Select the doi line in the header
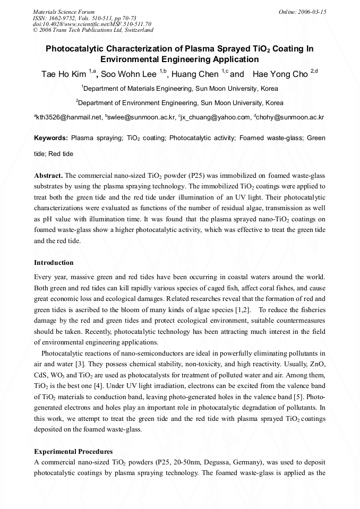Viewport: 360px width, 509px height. pos(92,24)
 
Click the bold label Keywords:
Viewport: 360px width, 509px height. pos(51,138)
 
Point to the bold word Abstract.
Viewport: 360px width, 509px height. pos(48,176)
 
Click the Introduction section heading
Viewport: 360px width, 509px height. pos(54,263)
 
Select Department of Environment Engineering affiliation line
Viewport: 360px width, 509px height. pos(179,102)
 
